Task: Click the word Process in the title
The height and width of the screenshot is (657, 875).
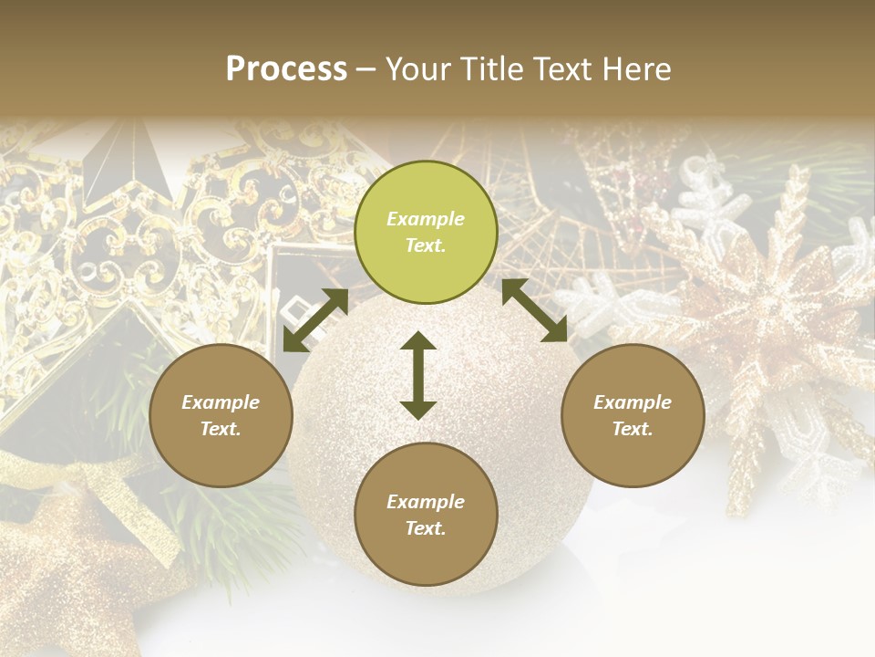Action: [286, 69]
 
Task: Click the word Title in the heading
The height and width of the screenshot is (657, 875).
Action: [491, 69]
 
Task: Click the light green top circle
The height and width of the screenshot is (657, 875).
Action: [426, 233]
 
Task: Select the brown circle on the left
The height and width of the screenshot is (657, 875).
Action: [221, 415]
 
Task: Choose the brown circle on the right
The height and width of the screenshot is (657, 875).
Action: [633, 415]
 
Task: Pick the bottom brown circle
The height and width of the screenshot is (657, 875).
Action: [426, 515]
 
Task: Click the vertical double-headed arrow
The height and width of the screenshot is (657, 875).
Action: [418, 375]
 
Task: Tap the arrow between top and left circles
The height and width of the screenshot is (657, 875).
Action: [315, 320]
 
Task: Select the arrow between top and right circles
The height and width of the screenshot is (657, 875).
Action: [535, 310]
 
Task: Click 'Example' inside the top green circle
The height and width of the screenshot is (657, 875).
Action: [426, 219]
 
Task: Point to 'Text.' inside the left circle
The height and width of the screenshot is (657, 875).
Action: [221, 429]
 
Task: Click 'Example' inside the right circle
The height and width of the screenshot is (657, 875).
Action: [633, 402]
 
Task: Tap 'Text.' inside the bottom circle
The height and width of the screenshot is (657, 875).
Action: [426, 528]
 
